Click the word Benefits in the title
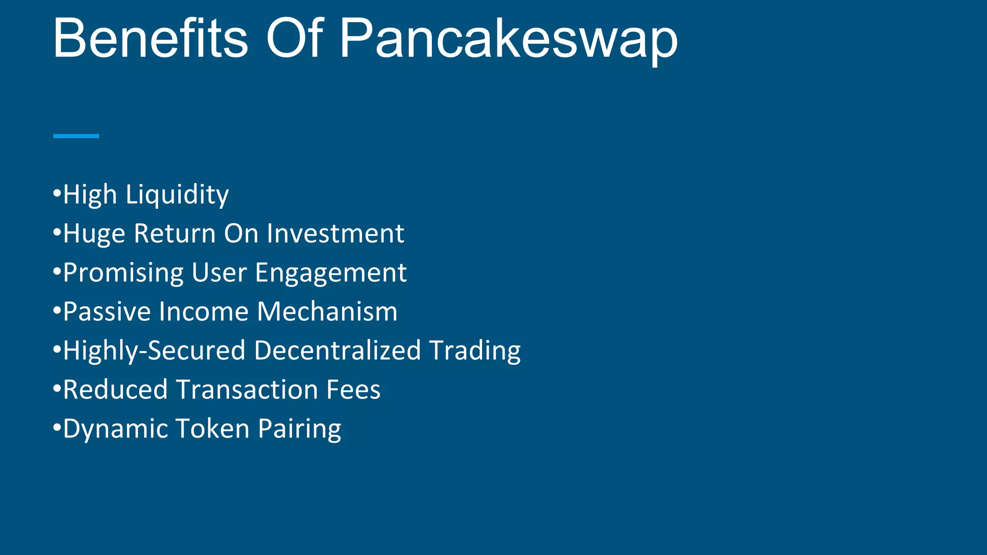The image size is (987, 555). point(150,39)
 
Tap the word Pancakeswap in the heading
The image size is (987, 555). point(508,39)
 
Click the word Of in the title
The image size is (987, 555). point(294,39)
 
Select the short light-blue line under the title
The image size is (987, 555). point(76,136)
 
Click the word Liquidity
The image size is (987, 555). point(177,195)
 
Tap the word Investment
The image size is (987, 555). point(335,234)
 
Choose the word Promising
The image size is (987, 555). point(123,273)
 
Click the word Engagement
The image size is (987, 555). point(331,273)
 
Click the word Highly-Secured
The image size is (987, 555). point(154,351)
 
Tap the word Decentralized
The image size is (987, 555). point(337,351)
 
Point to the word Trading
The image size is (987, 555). point(475,351)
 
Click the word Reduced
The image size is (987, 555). point(115,390)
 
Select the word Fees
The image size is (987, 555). point(353,390)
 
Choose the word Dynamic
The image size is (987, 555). point(116,429)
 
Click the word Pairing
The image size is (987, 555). point(299,429)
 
